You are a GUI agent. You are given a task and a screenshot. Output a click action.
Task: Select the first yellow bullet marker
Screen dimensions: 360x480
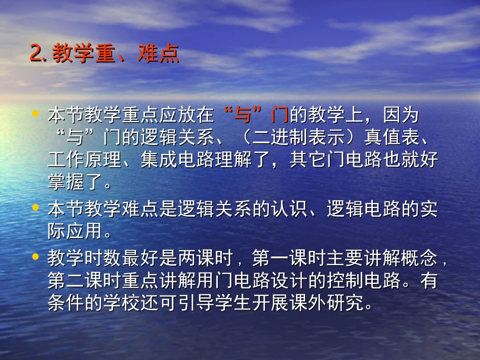[x=35, y=114]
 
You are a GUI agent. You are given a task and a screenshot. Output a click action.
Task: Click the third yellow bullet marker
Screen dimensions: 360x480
[x=35, y=256]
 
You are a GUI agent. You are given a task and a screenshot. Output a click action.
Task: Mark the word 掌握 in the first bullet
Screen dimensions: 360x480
[x=66, y=182]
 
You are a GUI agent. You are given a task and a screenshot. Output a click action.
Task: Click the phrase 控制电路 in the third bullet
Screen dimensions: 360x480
[x=364, y=281]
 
